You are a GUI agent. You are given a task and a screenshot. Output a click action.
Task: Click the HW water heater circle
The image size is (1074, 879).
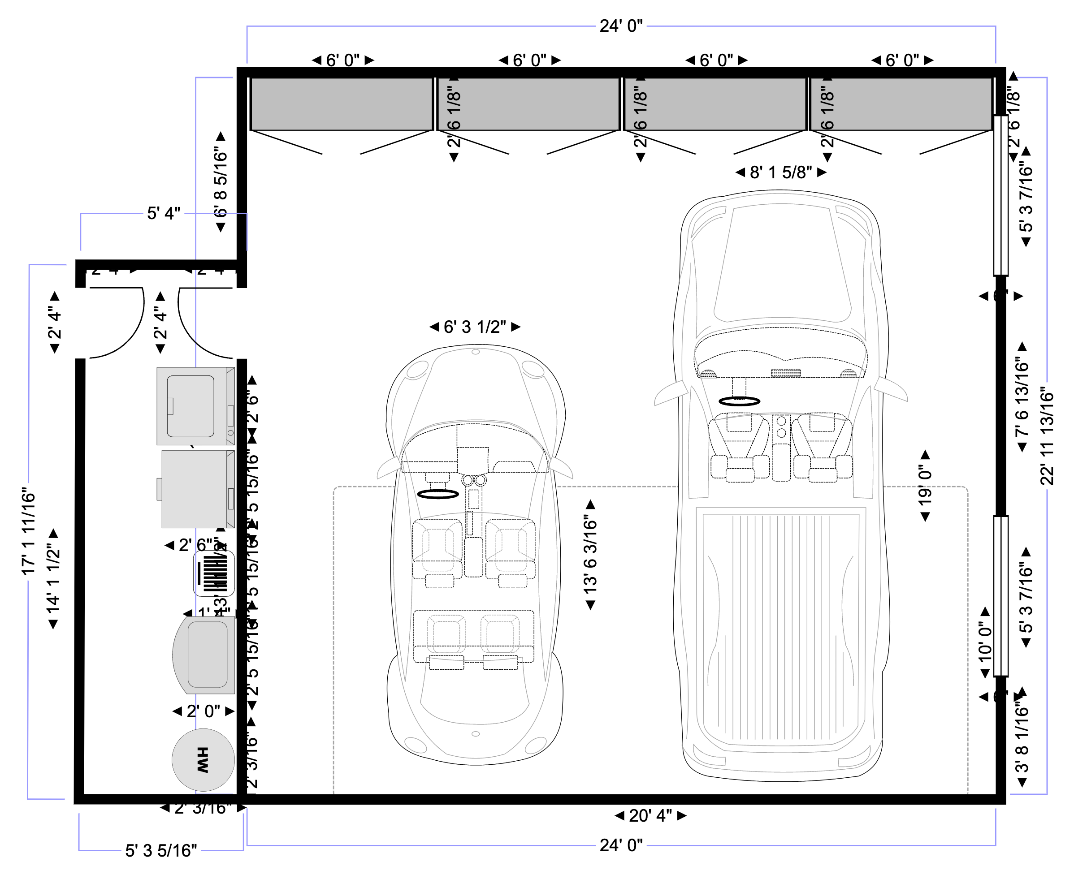click(203, 759)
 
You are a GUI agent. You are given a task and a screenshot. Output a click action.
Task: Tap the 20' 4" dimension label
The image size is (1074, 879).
click(650, 816)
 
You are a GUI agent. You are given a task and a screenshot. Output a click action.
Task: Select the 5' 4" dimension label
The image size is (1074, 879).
click(164, 214)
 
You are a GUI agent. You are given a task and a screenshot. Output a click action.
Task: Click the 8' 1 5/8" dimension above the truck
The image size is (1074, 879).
click(781, 172)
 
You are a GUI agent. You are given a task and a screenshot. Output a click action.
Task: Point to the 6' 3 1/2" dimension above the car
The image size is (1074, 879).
click(475, 327)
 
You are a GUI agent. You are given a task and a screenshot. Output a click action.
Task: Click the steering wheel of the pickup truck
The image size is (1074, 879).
click(739, 401)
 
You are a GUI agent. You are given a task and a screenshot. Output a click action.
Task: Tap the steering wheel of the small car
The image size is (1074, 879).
click(437, 494)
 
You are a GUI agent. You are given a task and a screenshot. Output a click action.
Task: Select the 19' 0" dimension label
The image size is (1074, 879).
click(925, 486)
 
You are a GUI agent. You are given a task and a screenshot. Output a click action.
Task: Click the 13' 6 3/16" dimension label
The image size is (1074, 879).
click(590, 555)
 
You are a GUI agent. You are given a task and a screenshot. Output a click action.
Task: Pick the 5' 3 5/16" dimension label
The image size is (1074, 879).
click(161, 851)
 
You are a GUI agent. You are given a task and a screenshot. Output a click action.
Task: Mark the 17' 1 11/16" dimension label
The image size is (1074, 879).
click(28, 532)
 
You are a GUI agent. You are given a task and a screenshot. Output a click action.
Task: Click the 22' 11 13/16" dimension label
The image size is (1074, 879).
click(1047, 436)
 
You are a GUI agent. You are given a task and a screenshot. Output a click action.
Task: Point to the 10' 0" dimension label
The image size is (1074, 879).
click(985, 642)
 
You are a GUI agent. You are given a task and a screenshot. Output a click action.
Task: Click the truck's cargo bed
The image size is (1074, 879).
click(781, 628)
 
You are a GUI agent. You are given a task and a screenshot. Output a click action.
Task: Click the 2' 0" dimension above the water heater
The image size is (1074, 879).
click(203, 711)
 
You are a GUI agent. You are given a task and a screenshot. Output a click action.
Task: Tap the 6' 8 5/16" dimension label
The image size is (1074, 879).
click(221, 182)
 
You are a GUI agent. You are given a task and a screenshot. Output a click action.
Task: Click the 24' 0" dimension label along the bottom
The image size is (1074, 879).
click(621, 845)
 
